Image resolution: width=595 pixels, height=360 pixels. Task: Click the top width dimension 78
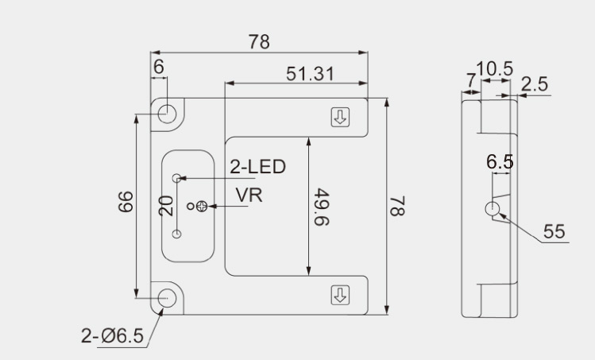point(259,43)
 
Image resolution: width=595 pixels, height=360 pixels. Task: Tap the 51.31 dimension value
point(310,74)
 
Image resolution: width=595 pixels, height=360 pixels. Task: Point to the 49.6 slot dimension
point(321,207)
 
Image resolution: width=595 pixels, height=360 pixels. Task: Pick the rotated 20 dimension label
point(165,206)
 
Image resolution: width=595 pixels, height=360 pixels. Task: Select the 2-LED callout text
point(257,167)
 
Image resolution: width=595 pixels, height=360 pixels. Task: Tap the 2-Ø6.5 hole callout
point(112,336)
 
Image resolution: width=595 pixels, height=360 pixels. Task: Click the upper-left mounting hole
point(168,113)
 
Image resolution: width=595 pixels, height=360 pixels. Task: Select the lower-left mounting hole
point(168,298)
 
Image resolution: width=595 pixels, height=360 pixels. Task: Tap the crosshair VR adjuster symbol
point(203,207)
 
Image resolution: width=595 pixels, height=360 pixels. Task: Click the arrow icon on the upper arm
point(340,118)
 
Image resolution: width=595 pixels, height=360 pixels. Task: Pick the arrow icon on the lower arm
point(340,295)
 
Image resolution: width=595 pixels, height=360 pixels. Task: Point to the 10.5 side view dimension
point(494,69)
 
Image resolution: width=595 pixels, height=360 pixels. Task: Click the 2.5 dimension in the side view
point(535,83)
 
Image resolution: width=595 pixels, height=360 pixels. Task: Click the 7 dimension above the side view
point(470,80)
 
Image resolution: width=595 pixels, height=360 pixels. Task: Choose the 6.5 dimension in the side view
point(500,162)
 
